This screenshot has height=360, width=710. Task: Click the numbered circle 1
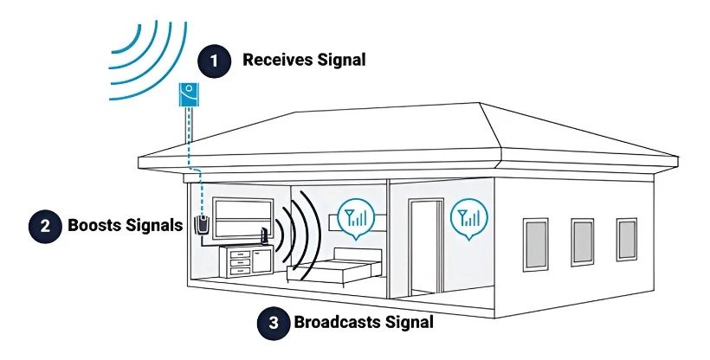pyautogui.click(x=214, y=61)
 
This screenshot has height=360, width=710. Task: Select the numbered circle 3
pyautogui.click(x=274, y=324)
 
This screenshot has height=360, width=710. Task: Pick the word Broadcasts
pyautogui.click(x=335, y=324)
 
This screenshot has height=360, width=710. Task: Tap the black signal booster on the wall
pyautogui.click(x=202, y=225)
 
